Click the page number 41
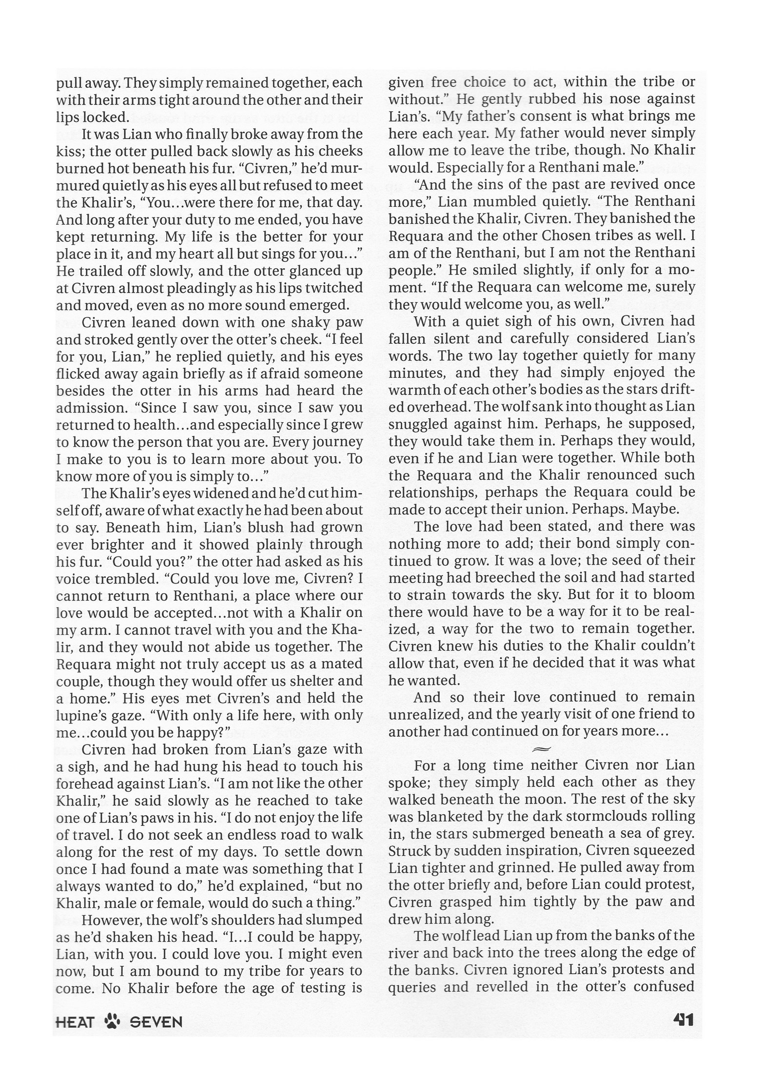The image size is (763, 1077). [683, 1019]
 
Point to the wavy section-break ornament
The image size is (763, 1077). [541, 748]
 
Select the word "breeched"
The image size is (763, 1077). [488, 577]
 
